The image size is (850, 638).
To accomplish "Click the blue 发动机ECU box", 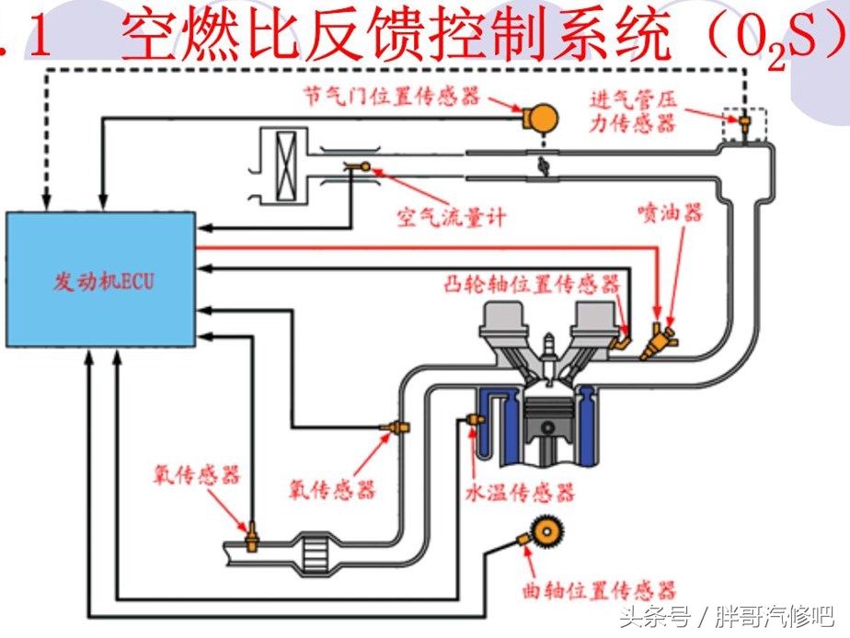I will (101, 279).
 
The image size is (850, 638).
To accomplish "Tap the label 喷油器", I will (670, 212).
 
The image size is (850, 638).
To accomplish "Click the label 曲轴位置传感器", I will (596, 589).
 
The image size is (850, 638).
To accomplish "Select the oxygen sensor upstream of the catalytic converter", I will (396, 428).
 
